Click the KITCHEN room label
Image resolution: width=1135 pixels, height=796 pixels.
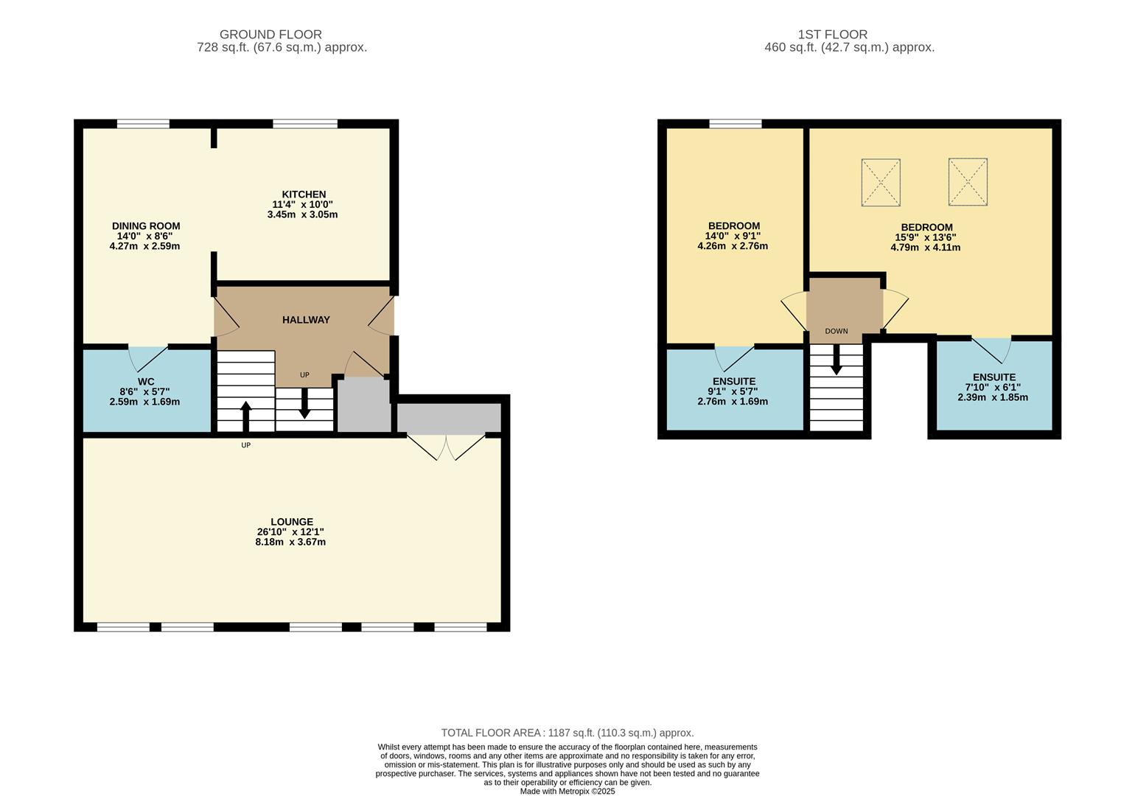coord(304,195)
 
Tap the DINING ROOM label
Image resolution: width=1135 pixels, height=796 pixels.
coord(146,226)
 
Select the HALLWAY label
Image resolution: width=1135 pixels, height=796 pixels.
coord(306,320)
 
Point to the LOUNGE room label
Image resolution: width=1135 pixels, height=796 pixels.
coord(292,522)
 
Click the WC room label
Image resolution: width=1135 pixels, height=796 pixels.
coord(146,382)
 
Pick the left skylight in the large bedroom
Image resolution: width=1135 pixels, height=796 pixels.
coord(881,182)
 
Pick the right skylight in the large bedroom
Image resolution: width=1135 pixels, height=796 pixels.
coord(968,182)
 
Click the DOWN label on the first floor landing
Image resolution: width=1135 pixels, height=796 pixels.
coord(837,332)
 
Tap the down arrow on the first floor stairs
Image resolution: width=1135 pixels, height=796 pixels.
coord(837,363)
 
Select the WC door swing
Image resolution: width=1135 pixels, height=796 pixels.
coord(148,358)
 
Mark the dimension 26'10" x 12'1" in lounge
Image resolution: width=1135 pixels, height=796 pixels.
coord(291,532)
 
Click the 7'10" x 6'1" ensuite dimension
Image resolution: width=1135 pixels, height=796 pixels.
coord(993,387)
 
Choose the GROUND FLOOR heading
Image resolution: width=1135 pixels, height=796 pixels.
coord(270,35)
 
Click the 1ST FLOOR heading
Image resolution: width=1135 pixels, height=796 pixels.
coord(832,35)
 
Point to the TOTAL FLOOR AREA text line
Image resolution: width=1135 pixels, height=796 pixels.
coord(567,733)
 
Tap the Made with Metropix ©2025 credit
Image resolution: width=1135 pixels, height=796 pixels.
coord(567,791)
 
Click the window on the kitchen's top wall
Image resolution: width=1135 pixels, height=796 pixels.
coord(305,124)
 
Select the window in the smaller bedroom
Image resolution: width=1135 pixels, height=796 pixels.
coord(736,124)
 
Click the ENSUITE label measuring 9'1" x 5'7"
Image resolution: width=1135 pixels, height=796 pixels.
coord(733,382)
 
